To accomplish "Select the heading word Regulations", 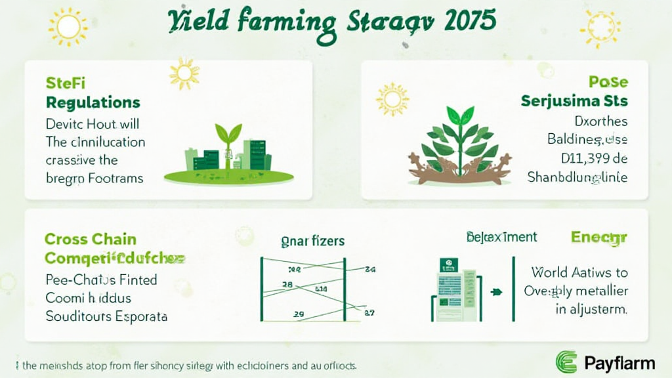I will coord(93,102).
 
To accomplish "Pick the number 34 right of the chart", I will coord(369,268).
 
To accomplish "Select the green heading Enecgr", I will coord(598,238).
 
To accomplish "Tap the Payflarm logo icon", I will coord(566,362).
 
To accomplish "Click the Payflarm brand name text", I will coord(618,362).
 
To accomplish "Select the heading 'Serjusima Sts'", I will coord(574,102).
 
